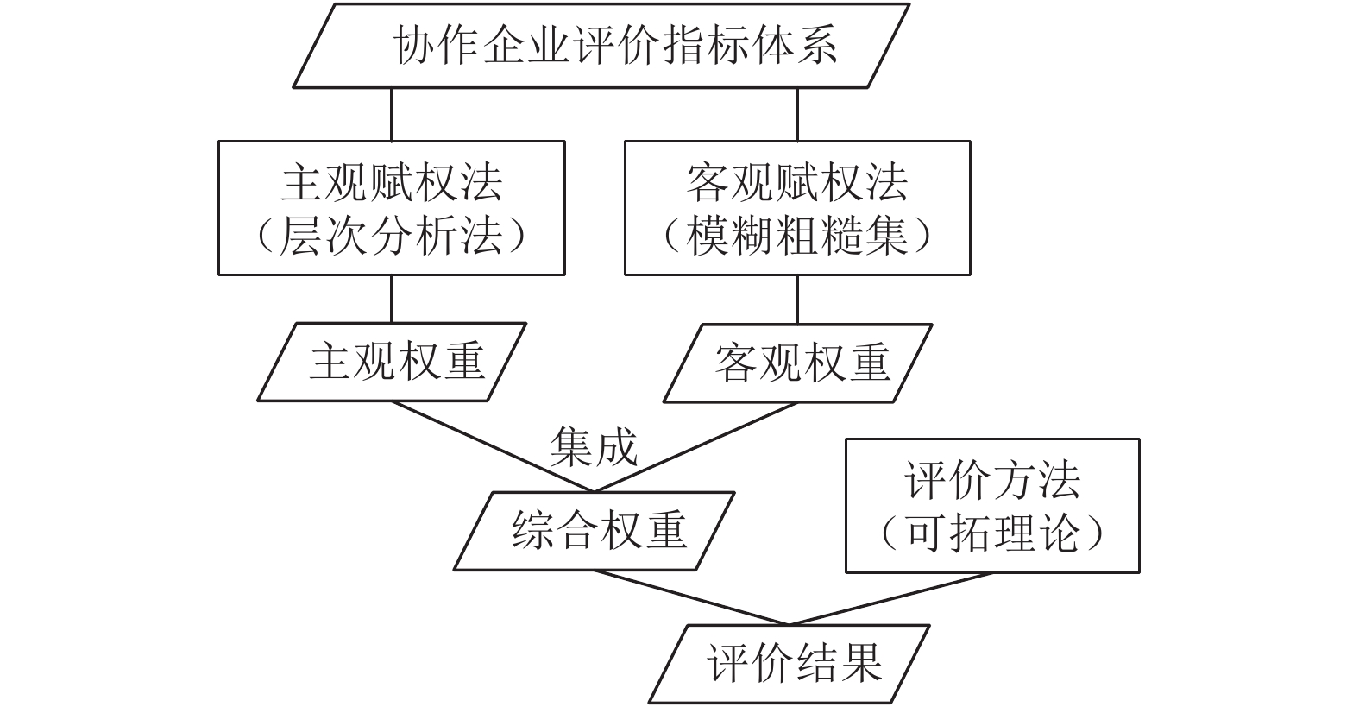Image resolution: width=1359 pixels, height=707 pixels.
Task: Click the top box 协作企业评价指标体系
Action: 601,46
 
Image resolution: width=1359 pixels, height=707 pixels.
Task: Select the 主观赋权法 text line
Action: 392,183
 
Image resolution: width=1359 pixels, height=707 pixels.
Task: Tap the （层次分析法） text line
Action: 392,236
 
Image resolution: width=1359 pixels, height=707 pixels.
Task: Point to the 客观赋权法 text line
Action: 797,183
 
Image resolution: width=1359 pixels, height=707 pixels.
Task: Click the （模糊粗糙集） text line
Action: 797,236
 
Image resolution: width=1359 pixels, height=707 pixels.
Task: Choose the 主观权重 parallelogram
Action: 392,362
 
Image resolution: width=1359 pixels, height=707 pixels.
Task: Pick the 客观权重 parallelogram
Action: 798,363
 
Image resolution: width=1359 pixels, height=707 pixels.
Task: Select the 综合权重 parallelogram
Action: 594,531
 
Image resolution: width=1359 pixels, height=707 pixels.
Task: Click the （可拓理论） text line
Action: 992,533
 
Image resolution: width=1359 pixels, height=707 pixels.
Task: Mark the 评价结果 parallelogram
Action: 790,664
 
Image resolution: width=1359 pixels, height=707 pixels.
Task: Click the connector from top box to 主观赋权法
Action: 392,115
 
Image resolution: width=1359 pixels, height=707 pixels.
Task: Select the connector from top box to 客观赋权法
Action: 797,115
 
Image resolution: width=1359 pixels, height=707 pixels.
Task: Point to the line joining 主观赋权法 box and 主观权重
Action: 392,299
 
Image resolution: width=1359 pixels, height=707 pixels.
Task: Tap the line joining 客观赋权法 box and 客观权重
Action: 797,300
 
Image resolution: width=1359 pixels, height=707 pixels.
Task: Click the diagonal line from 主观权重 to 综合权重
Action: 493,446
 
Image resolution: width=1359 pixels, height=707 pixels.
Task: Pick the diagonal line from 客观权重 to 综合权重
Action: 695,447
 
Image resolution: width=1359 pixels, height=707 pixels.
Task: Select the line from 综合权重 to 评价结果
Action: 692,597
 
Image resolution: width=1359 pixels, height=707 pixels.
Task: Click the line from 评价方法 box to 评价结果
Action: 890,599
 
